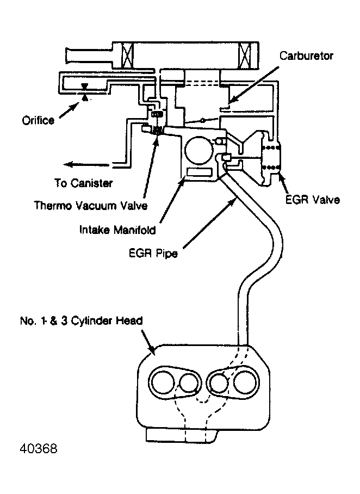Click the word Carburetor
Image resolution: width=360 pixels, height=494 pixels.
click(306, 56)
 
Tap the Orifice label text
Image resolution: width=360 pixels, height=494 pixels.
click(38, 120)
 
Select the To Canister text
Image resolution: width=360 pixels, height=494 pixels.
click(83, 183)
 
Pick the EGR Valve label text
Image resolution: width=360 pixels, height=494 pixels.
click(312, 200)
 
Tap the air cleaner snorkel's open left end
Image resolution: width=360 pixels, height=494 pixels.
click(67, 57)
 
